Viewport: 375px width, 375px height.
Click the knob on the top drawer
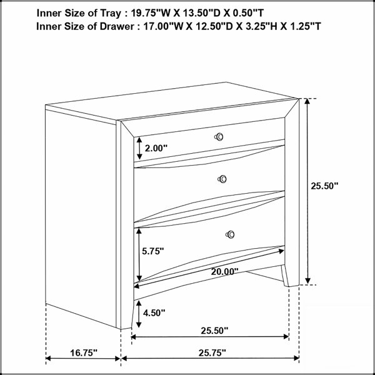(219, 137)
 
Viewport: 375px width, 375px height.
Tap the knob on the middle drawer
(222, 179)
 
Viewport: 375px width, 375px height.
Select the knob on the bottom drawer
(230, 234)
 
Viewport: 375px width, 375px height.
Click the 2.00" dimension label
(156, 148)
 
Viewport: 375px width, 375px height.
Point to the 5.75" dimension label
(153, 251)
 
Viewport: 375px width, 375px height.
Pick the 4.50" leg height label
(154, 312)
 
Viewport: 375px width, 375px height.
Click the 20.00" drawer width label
(224, 271)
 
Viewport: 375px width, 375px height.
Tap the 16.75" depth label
(84, 352)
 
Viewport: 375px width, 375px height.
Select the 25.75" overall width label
(212, 352)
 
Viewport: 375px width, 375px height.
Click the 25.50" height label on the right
(324, 186)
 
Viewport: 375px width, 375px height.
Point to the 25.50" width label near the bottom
(214, 331)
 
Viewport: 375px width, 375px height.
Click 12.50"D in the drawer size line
(213, 26)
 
